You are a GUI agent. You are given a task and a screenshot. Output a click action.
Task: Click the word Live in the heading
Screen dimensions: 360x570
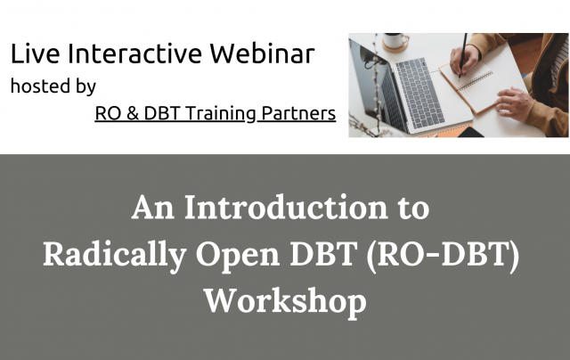pyautogui.click(x=30, y=54)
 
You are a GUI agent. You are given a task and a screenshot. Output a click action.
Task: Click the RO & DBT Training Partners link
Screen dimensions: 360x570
pyautogui.click(x=215, y=114)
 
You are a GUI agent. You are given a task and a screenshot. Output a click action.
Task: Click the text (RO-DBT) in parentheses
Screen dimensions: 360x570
pyautogui.click(x=457, y=256)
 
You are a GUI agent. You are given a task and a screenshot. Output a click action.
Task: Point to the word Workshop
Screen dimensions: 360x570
pyautogui.click(x=284, y=301)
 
